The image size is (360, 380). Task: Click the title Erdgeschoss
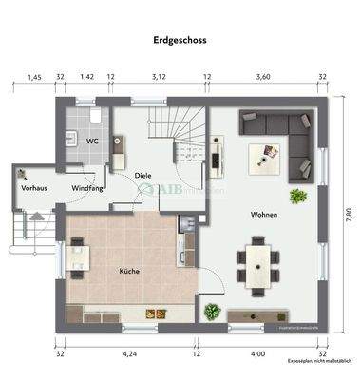tap(180, 41)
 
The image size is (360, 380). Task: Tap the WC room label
tap(92, 141)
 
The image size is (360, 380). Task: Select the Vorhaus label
tap(34, 187)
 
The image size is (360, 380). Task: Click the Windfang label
tap(88, 187)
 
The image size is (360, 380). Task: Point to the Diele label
tap(142, 176)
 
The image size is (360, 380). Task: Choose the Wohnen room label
tap(264, 215)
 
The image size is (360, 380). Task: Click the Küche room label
tap(130, 271)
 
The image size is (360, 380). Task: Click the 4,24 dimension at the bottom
tap(130, 354)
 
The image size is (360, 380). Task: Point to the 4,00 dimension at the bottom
tap(257, 354)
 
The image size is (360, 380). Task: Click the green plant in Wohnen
tap(299, 197)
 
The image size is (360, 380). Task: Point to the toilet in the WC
tap(99, 118)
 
